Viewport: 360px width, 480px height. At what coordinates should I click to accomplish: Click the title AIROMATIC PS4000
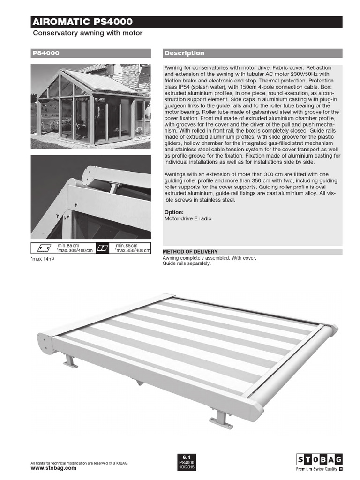(x=82, y=22)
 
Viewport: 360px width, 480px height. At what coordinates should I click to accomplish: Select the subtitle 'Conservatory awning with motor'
(x=87, y=34)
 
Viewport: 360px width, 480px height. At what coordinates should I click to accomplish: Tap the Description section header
(x=184, y=53)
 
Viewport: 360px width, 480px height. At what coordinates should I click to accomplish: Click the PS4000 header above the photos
(x=46, y=53)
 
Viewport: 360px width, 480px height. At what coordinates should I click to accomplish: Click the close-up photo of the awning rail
(x=91, y=197)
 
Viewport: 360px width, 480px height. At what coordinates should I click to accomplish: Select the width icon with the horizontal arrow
(x=43, y=248)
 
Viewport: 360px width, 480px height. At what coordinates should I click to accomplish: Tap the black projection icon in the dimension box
(x=103, y=248)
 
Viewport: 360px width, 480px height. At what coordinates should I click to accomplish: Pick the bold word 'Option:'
(x=174, y=212)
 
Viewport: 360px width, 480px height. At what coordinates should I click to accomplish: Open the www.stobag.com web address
(x=53, y=468)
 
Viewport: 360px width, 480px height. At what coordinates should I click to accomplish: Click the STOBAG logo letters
(x=319, y=459)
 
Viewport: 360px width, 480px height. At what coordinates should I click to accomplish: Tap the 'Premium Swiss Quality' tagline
(x=316, y=468)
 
